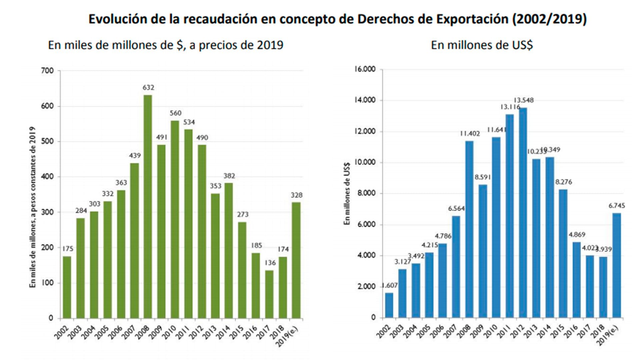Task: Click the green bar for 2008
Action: (148, 207)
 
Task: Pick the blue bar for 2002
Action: (389, 305)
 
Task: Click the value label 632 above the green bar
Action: (148, 88)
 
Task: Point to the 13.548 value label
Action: (524, 100)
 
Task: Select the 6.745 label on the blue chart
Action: (617, 206)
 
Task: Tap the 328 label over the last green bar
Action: (296, 195)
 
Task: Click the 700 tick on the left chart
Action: (48, 71)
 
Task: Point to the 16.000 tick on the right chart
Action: (365, 69)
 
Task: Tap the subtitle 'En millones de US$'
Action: (482, 45)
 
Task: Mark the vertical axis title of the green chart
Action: (32, 207)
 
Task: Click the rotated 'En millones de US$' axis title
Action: (347, 193)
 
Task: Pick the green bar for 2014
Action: (229, 250)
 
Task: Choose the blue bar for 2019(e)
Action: (617, 265)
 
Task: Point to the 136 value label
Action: (270, 263)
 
